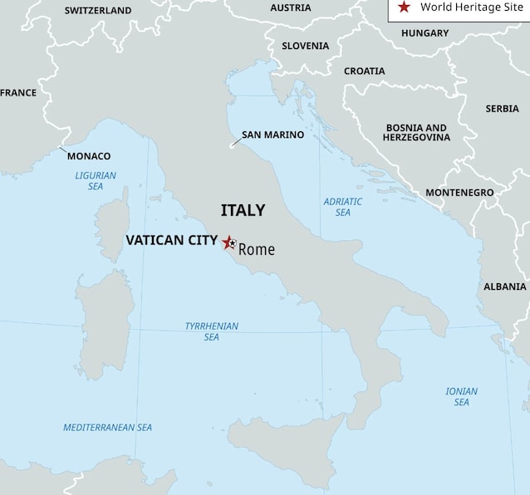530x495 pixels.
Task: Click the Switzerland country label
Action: pos(98,11)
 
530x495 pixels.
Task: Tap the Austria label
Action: pos(291,8)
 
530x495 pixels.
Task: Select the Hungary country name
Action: pos(424,33)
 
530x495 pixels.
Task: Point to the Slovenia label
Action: pos(305,47)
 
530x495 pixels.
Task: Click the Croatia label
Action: pos(364,71)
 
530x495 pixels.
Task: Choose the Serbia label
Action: pos(502,109)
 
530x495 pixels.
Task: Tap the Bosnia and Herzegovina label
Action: pos(416,133)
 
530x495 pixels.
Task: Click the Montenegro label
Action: pos(459,193)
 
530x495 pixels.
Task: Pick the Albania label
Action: pos(504,287)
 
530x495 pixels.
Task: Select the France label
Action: pos(18,93)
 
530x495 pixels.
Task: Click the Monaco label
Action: pos(89,156)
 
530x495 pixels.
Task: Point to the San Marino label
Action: pos(272,135)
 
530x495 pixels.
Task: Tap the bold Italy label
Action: pos(243,211)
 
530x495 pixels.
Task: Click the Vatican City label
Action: pos(171,240)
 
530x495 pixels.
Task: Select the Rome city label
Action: pos(256,249)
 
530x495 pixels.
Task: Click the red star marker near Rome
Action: pos(228,243)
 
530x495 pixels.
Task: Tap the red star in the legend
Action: pos(404,7)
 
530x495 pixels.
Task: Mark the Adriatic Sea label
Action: pos(343,207)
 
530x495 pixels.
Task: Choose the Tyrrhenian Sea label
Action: pos(211,331)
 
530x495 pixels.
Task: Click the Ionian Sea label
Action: pos(461,396)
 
